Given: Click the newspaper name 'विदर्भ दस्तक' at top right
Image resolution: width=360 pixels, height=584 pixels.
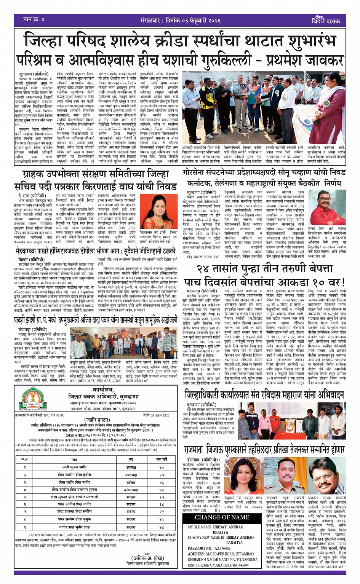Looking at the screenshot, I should (x=326, y=21).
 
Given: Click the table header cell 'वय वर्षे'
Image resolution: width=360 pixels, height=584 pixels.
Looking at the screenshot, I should (x=162, y=460).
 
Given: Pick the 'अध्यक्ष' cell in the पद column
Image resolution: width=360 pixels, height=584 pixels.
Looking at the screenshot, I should (x=131, y=467).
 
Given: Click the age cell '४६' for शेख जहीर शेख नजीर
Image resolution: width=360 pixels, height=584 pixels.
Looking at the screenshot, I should (x=162, y=482).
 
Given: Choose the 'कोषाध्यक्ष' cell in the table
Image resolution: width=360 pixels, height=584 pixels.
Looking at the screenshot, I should (x=131, y=490).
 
